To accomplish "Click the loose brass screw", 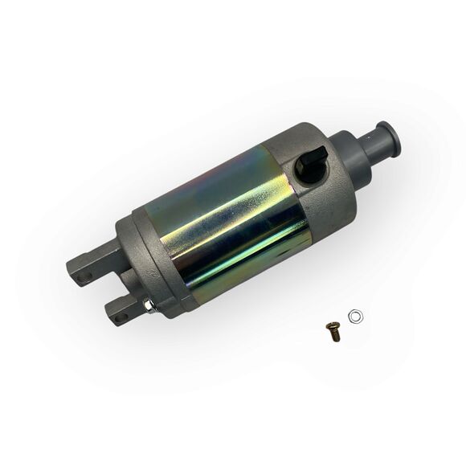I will coord(333,330).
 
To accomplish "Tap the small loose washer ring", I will coord(354,314).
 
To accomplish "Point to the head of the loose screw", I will coord(329,326).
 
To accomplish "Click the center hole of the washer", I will coord(354,314).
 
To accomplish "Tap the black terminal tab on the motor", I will coord(308,164).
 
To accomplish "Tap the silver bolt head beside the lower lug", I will coord(150,305).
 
